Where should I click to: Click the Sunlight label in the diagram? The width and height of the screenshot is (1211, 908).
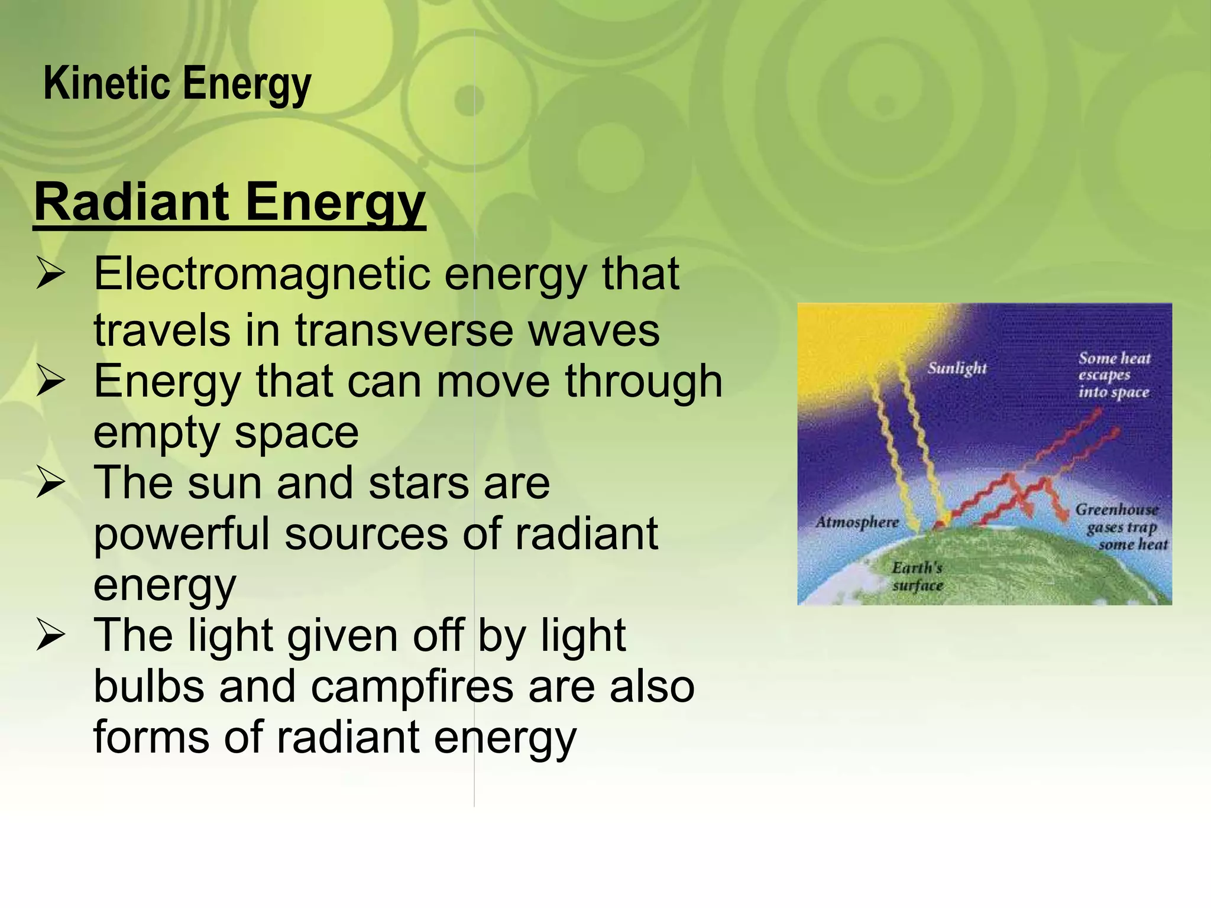coord(957,368)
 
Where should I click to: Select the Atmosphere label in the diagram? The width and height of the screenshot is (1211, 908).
coord(857,523)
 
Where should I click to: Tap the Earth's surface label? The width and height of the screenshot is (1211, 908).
coord(917,576)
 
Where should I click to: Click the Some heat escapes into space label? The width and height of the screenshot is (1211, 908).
coord(1114,375)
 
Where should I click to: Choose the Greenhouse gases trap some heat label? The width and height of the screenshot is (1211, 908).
coord(1121,527)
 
